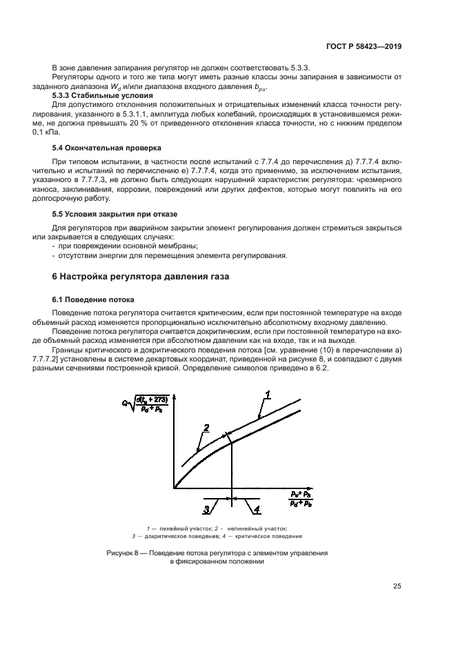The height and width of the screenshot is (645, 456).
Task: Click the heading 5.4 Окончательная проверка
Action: coord(107,148)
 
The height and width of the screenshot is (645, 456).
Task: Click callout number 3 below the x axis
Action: coord(206,509)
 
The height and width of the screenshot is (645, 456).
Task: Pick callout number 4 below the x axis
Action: coord(256,510)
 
